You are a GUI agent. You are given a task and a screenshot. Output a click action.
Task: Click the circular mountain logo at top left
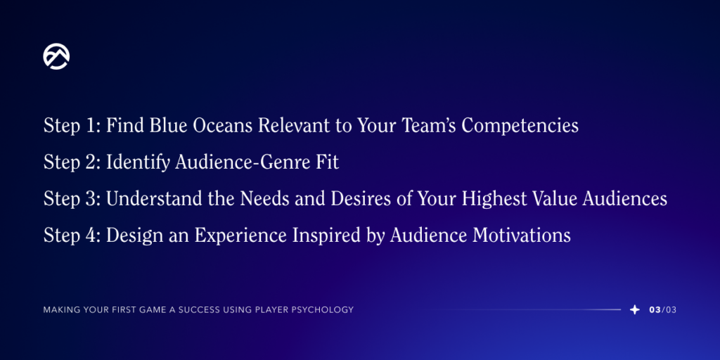pos(56,56)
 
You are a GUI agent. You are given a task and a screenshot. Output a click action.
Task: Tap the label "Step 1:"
pos(72,126)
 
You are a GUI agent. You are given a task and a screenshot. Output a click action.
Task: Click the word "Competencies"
pos(520,126)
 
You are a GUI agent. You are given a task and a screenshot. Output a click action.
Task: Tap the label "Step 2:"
pos(72,162)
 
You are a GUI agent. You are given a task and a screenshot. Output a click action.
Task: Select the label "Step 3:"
pos(72,199)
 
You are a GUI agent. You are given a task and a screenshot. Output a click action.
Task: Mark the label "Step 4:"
pos(72,236)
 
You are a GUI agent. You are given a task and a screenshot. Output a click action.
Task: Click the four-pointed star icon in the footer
pos(634,309)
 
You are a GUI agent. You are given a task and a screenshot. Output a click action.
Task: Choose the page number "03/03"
pos(663,310)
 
